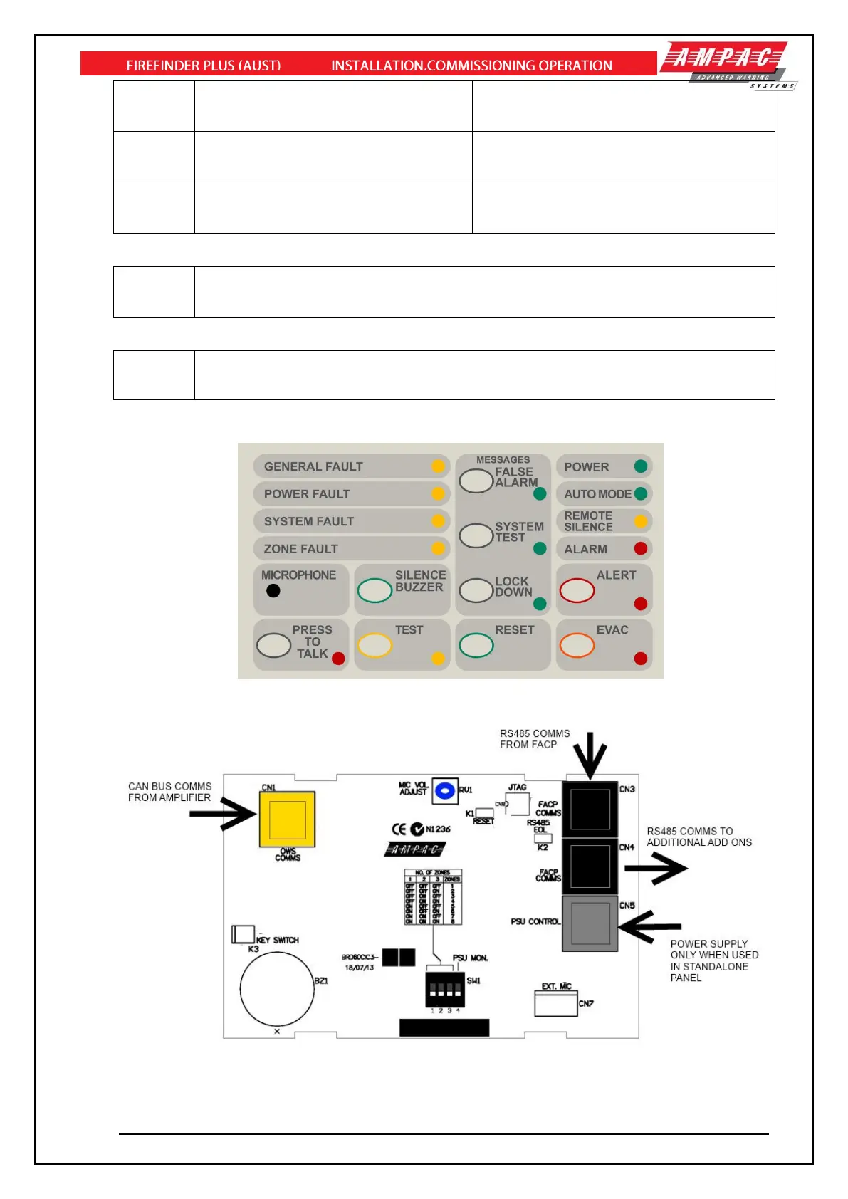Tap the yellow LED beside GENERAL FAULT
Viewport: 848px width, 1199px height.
(x=438, y=466)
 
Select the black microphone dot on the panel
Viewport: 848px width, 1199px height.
(x=273, y=590)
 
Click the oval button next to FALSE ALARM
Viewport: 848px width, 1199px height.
(x=476, y=481)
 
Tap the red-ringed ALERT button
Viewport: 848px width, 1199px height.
(x=577, y=590)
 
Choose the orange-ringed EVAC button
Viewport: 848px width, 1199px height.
(x=577, y=645)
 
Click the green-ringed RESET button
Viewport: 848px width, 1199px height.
(x=476, y=645)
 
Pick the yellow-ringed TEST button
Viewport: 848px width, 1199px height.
(x=375, y=645)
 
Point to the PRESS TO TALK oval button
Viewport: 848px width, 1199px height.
(x=273, y=645)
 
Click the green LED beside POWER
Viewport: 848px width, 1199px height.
(x=641, y=466)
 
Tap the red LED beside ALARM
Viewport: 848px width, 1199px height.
(x=641, y=548)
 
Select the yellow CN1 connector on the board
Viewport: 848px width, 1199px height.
(x=287, y=820)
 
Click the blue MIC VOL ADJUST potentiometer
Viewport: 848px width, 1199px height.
(x=445, y=791)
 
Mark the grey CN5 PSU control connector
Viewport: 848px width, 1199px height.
(x=590, y=923)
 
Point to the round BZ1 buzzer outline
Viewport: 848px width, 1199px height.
(x=277, y=989)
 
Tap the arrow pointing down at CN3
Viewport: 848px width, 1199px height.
(x=590, y=756)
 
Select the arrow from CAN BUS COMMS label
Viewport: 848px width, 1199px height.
(x=222, y=814)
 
